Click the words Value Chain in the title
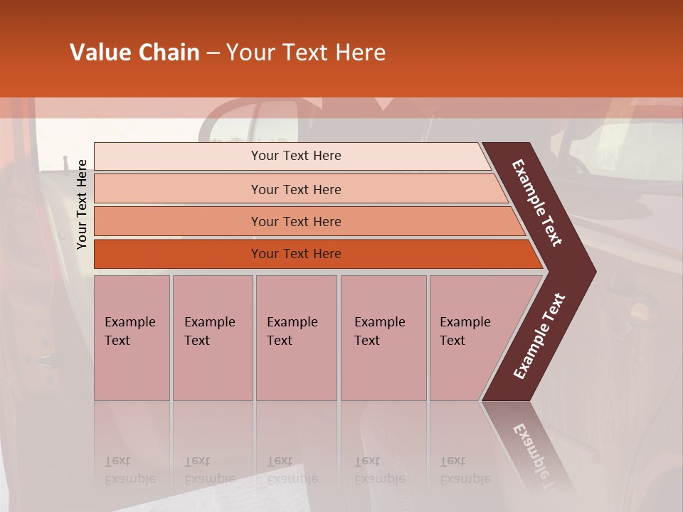134,53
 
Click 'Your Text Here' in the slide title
306,53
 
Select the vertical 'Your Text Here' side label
82,204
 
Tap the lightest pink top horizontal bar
296,156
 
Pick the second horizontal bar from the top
296,189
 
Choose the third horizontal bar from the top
296,221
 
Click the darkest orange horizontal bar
296,254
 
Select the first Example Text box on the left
132,338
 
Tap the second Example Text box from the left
212,338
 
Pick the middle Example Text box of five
296,338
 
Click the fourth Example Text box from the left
383,338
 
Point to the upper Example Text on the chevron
537,203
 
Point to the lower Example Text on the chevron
539,336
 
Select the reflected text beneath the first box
129,470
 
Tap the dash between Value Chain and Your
213,53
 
